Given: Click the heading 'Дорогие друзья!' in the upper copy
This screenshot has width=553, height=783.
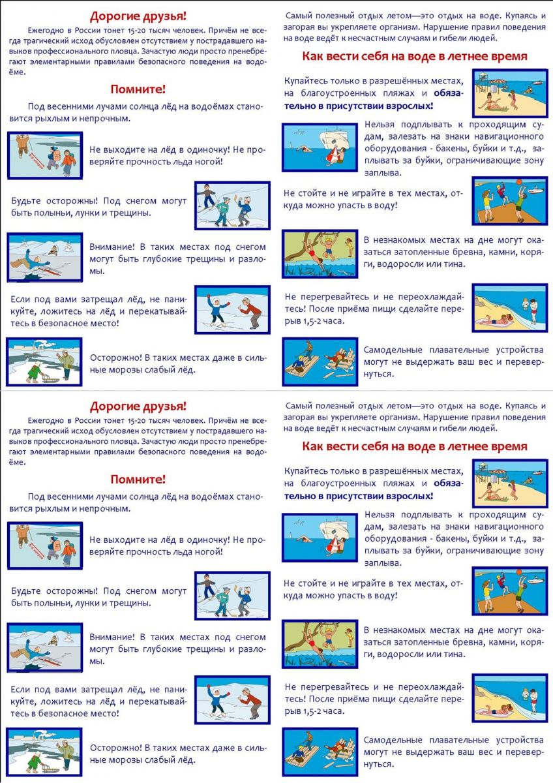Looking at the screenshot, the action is click(138, 16).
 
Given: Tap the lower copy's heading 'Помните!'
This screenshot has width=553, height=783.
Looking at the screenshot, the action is click(138, 479).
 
